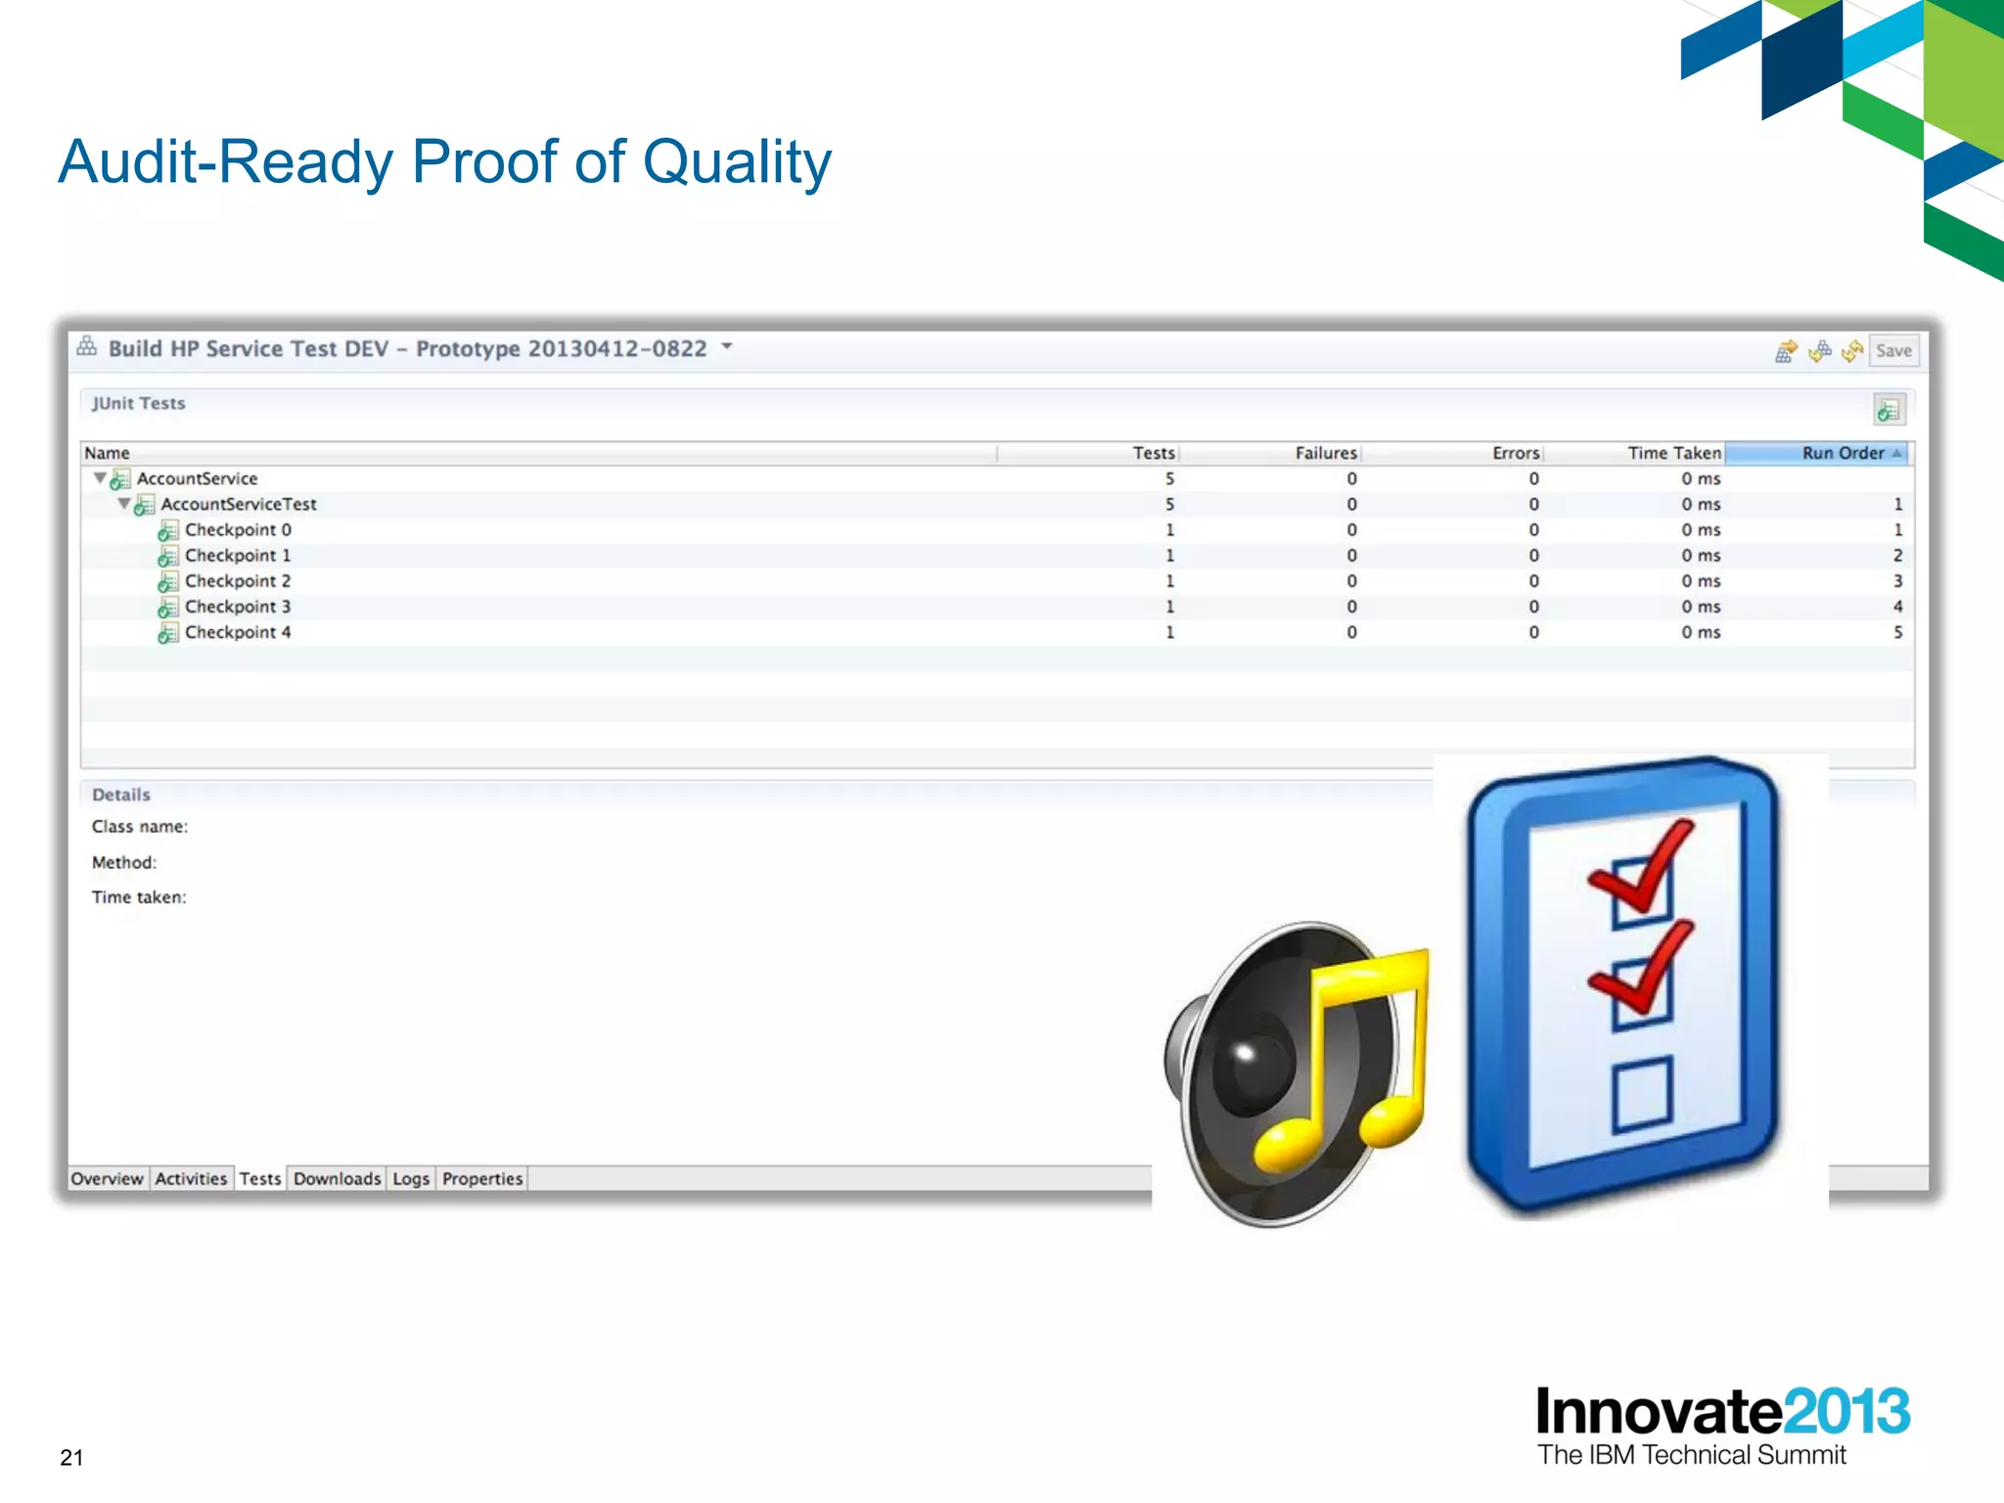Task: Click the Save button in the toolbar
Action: click(1893, 350)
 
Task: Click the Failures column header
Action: click(1325, 453)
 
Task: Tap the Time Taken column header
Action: click(1673, 453)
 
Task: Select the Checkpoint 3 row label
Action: click(237, 607)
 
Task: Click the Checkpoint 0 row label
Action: click(237, 529)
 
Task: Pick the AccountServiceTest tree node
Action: click(238, 504)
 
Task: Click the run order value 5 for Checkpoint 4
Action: click(1897, 632)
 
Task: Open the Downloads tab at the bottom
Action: click(337, 1179)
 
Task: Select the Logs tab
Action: click(411, 1179)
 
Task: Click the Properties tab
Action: click(482, 1179)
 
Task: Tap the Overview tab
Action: click(107, 1179)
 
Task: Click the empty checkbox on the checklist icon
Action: click(1641, 1094)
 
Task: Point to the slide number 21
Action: click(71, 1458)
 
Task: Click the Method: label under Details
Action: click(123, 862)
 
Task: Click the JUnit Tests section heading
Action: click(138, 403)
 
